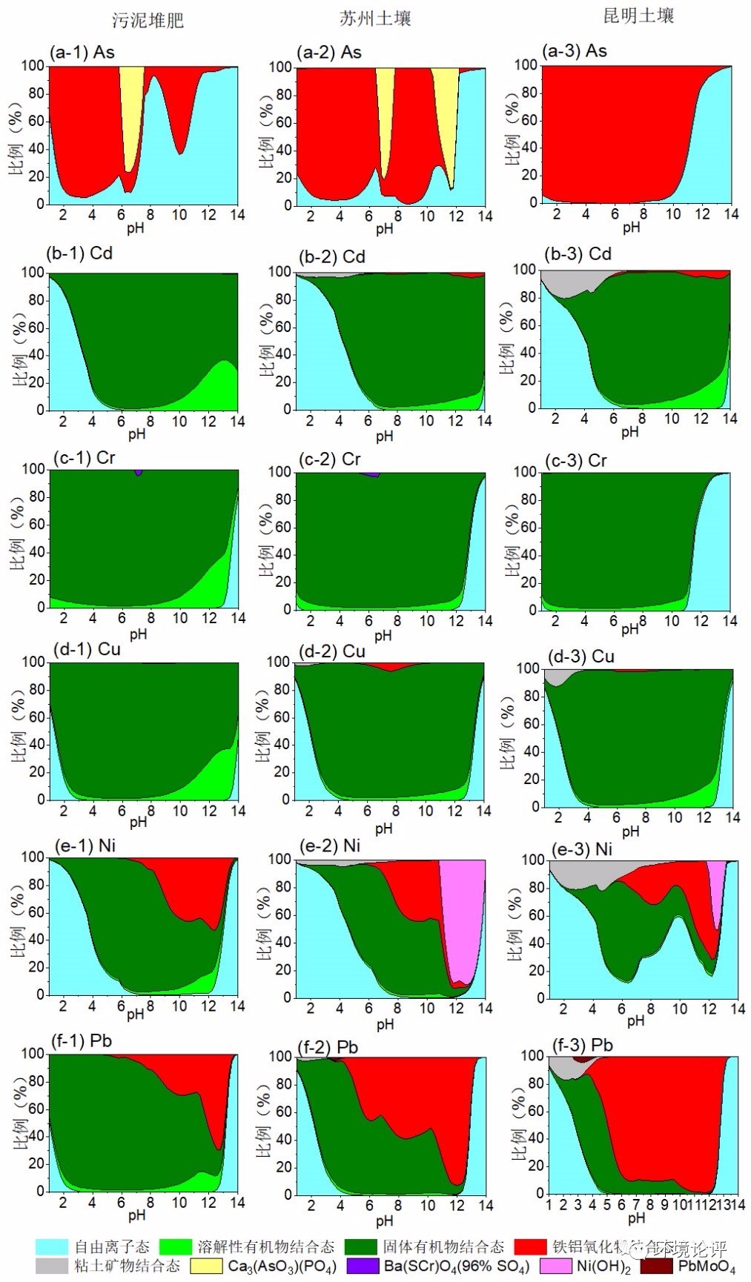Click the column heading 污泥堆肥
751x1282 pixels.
148,20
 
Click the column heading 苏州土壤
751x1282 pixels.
375,19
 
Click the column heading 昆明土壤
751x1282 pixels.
638,16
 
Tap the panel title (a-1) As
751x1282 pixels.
82,52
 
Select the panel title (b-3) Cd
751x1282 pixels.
578,254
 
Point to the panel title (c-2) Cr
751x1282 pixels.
330,459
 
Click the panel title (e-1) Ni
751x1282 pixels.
85,846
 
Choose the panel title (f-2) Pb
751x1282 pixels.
328,1047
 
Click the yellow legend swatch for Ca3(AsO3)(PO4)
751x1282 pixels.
206,1266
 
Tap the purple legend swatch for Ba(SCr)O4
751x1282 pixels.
363,1266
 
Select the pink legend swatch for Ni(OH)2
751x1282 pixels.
555,1266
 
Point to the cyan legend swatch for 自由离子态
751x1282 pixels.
51,1246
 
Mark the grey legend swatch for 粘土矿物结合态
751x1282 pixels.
51,1266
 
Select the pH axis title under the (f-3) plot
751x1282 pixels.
636,1218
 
